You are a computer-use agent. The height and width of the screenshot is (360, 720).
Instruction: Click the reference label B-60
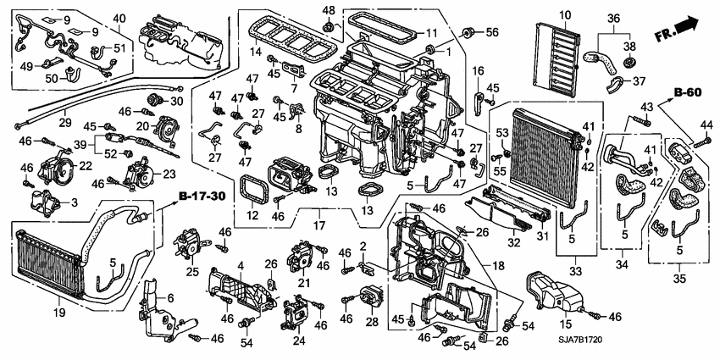688,91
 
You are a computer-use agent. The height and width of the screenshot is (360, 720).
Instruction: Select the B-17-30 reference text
201,197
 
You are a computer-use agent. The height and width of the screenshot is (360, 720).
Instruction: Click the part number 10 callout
564,14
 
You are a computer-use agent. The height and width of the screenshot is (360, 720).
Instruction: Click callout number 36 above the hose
614,17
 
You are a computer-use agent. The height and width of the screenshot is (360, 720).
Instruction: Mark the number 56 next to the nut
491,33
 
